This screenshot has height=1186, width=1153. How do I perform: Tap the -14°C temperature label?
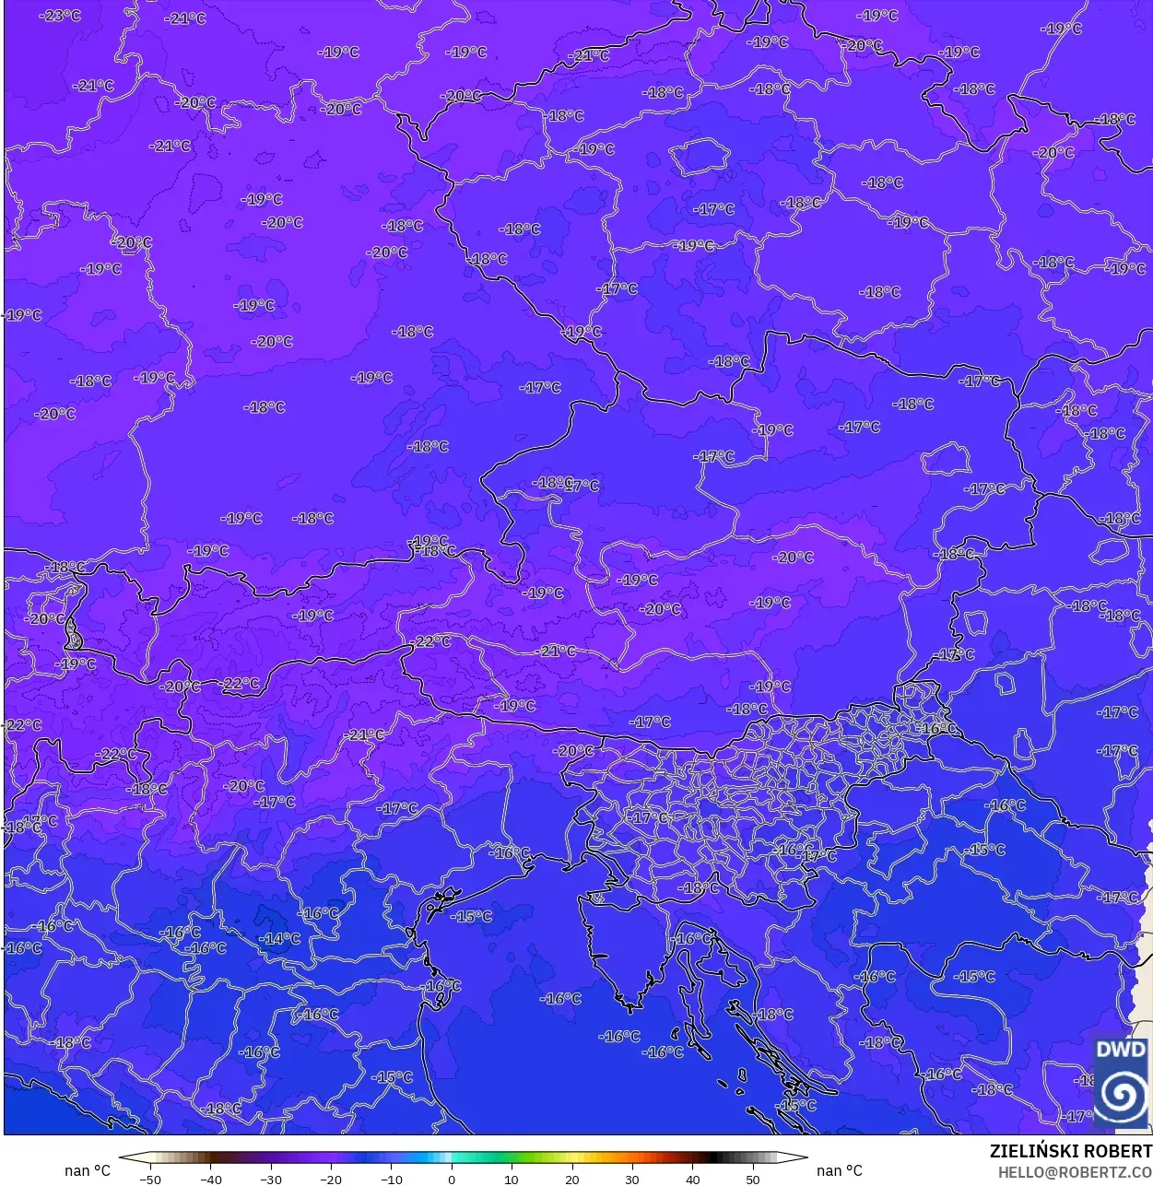[280, 939]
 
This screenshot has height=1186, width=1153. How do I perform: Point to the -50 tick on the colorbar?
[149, 1179]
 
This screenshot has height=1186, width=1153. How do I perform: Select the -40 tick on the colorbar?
[210, 1179]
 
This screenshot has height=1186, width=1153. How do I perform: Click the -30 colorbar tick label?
[271, 1179]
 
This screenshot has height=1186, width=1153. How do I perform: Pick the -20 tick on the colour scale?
[331, 1179]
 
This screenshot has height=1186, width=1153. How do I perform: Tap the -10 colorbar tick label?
[392, 1179]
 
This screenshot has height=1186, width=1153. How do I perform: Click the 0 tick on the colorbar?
[452, 1179]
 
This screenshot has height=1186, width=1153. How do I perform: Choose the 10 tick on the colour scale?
[512, 1179]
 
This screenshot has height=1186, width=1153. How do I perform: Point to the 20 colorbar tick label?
[572, 1179]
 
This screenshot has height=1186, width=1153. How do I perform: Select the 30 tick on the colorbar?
[632, 1179]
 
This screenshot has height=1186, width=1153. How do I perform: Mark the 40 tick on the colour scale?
[693, 1179]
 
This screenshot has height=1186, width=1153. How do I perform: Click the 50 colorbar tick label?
[753, 1179]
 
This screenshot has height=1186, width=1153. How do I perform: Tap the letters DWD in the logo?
[1121, 1050]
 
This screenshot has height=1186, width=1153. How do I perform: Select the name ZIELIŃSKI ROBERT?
[1070, 1151]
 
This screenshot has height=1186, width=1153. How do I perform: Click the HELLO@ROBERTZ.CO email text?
[1075, 1172]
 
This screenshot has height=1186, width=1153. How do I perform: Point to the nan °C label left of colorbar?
[88, 1170]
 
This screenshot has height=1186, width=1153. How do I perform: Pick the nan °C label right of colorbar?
[840, 1170]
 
